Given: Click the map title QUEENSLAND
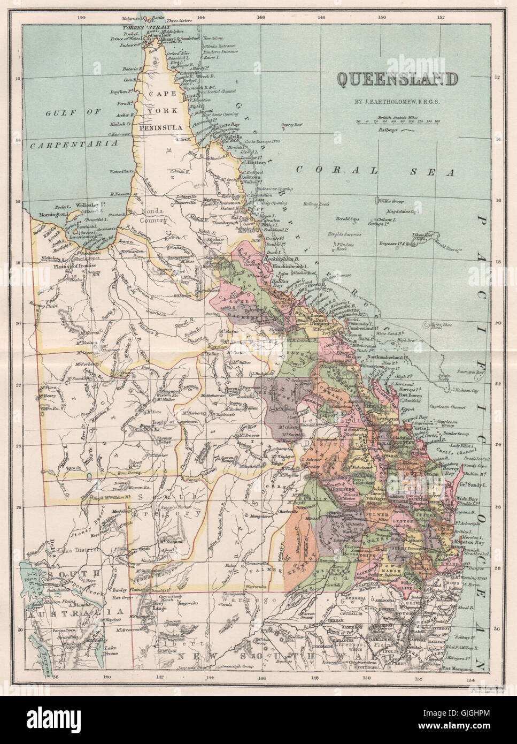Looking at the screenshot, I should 397,79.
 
